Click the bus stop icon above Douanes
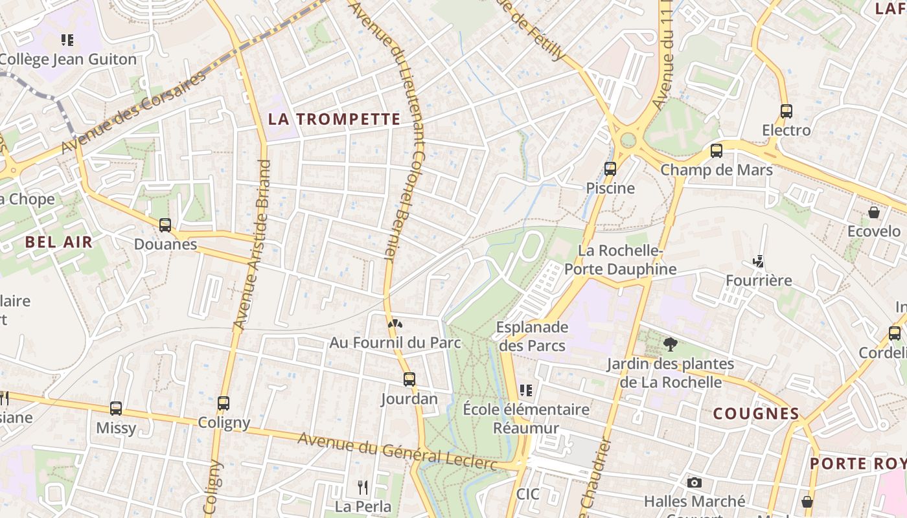[x=165, y=225]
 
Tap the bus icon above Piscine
[x=610, y=169]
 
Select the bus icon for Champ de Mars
[x=716, y=151]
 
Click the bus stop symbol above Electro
[x=786, y=111]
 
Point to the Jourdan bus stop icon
[x=409, y=379]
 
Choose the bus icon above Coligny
[x=224, y=403]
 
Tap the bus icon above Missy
[x=116, y=408]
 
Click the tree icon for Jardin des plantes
[x=670, y=344]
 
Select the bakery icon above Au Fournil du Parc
[x=395, y=322]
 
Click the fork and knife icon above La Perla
[x=363, y=487]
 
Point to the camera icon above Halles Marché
[x=694, y=482]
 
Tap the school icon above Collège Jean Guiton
[x=67, y=40]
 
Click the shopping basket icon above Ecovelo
[x=873, y=212]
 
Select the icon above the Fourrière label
[x=758, y=262]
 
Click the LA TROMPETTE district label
[x=334, y=119]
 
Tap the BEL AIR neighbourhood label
[x=59, y=242]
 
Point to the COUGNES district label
[x=756, y=414]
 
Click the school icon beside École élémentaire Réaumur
[x=526, y=390]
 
